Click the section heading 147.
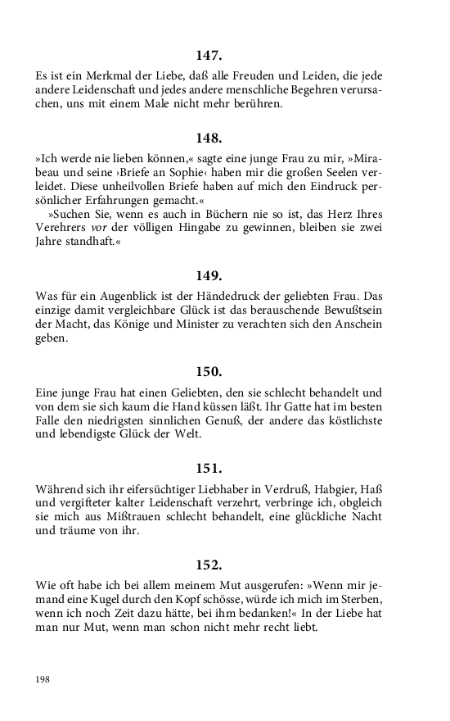[x=209, y=56]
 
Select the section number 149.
[x=209, y=275]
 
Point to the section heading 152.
[x=209, y=565]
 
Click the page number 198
[x=43, y=679]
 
